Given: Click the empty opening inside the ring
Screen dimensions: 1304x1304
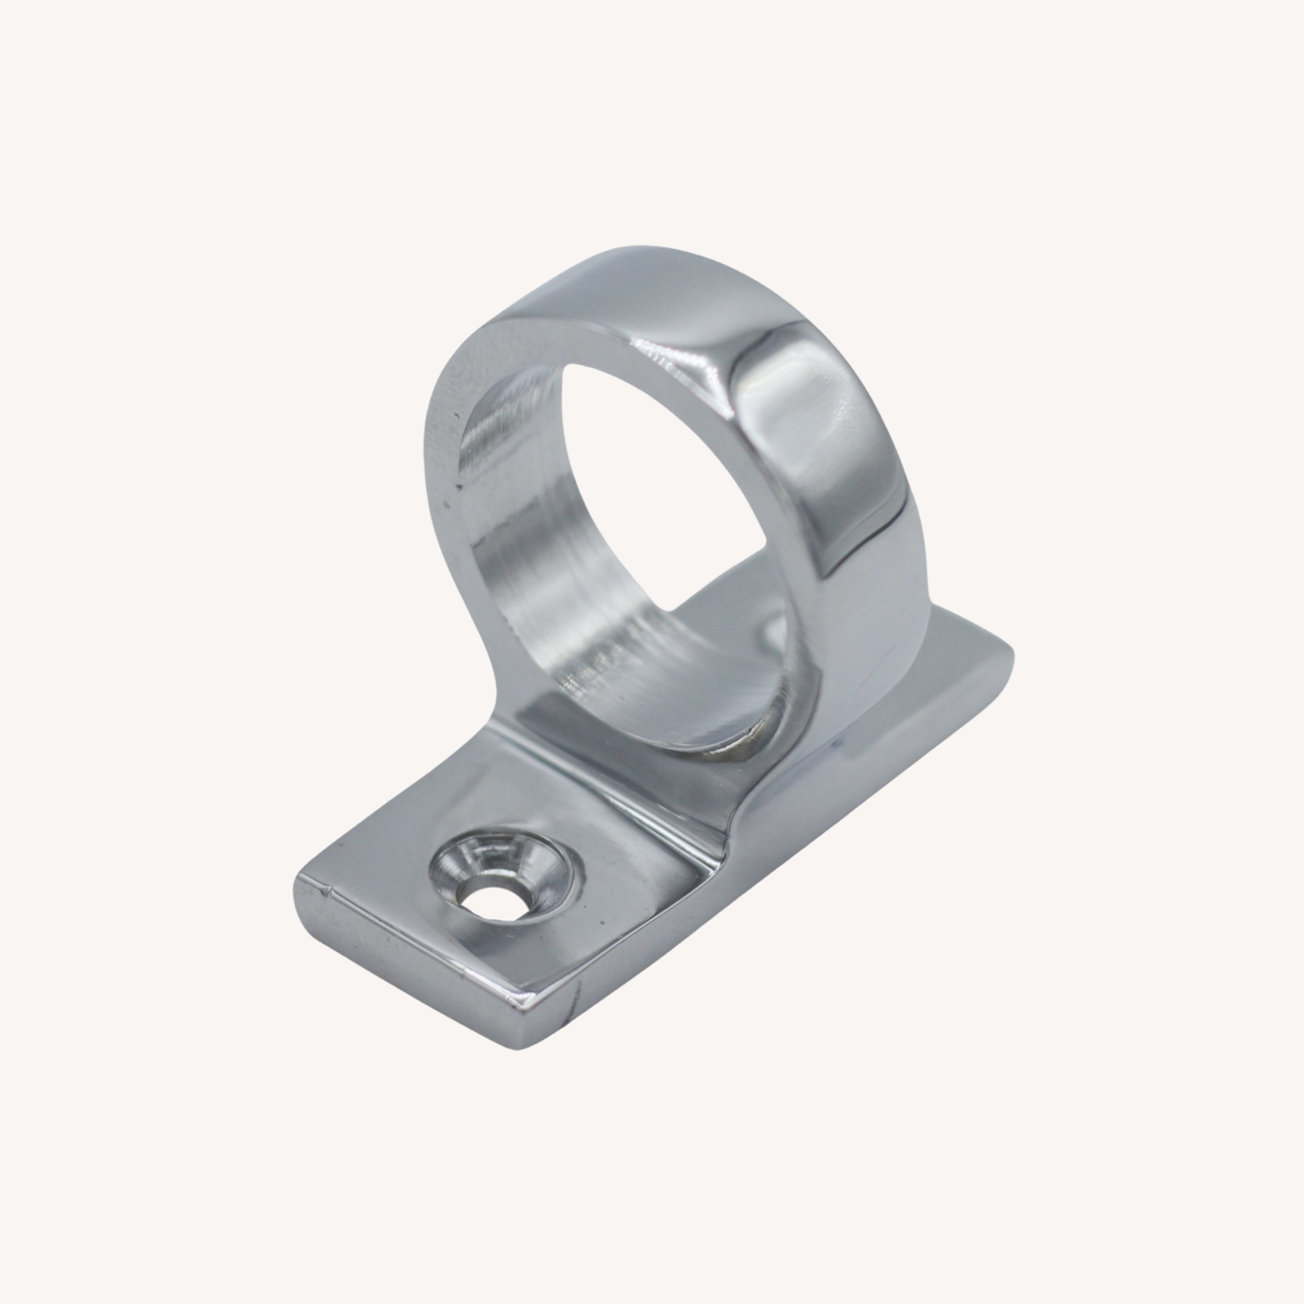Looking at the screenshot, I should tap(668, 485).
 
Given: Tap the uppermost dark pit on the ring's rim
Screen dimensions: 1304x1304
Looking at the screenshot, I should tap(455, 416).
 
